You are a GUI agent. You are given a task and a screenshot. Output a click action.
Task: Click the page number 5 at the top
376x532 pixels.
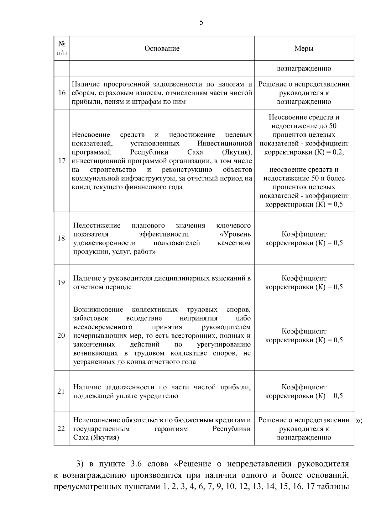201,22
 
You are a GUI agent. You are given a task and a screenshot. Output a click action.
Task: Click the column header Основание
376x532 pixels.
162,48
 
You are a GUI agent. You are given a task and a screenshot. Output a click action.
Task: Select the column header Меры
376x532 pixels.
304,48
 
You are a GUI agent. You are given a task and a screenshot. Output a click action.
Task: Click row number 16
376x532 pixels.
62,93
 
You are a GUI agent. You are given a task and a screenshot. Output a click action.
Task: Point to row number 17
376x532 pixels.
62,161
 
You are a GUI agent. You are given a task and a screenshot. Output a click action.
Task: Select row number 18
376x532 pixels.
61,238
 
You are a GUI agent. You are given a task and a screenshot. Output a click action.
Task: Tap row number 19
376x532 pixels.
61,282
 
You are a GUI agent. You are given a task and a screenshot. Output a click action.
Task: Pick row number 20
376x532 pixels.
61,335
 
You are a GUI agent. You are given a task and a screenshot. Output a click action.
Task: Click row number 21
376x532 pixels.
61,391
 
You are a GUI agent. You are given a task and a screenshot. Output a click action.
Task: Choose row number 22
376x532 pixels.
61,429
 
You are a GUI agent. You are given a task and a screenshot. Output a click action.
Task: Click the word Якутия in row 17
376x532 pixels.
237,152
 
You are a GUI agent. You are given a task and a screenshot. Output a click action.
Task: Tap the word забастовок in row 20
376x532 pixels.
91,318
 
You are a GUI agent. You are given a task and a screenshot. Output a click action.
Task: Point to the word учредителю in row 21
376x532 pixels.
160,396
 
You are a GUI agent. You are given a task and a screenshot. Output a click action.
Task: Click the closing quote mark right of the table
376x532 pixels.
359,420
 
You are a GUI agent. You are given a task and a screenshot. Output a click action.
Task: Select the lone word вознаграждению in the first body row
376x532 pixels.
304,68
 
